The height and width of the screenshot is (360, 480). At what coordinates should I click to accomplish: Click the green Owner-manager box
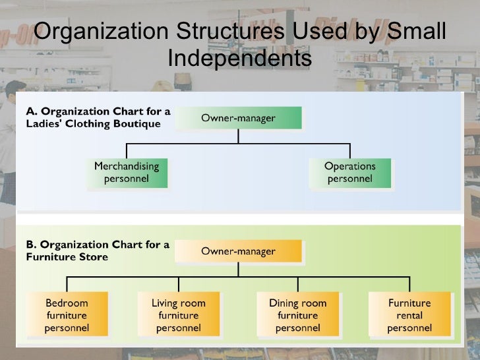(239, 118)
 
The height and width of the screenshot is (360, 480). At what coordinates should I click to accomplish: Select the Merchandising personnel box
(126, 172)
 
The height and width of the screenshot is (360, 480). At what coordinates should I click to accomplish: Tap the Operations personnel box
(350, 172)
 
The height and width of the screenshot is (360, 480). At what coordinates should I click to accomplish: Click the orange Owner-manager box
(239, 251)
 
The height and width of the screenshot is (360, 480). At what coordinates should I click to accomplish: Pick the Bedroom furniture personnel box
(67, 315)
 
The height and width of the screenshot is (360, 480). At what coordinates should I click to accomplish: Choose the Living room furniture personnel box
(179, 315)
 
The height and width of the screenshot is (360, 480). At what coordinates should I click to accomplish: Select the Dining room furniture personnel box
(297, 315)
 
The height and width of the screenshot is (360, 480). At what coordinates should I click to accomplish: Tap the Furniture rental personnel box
(409, 315)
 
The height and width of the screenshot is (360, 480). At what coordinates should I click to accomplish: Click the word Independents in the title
(239, 59)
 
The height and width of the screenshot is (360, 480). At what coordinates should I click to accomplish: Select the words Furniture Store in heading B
(67, 257)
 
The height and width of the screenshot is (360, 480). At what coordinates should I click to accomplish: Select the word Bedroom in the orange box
(67, 303)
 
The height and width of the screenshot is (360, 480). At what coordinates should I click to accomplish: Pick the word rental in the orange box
(409, 315)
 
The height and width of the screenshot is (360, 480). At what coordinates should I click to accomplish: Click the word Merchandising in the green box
(126, 166)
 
